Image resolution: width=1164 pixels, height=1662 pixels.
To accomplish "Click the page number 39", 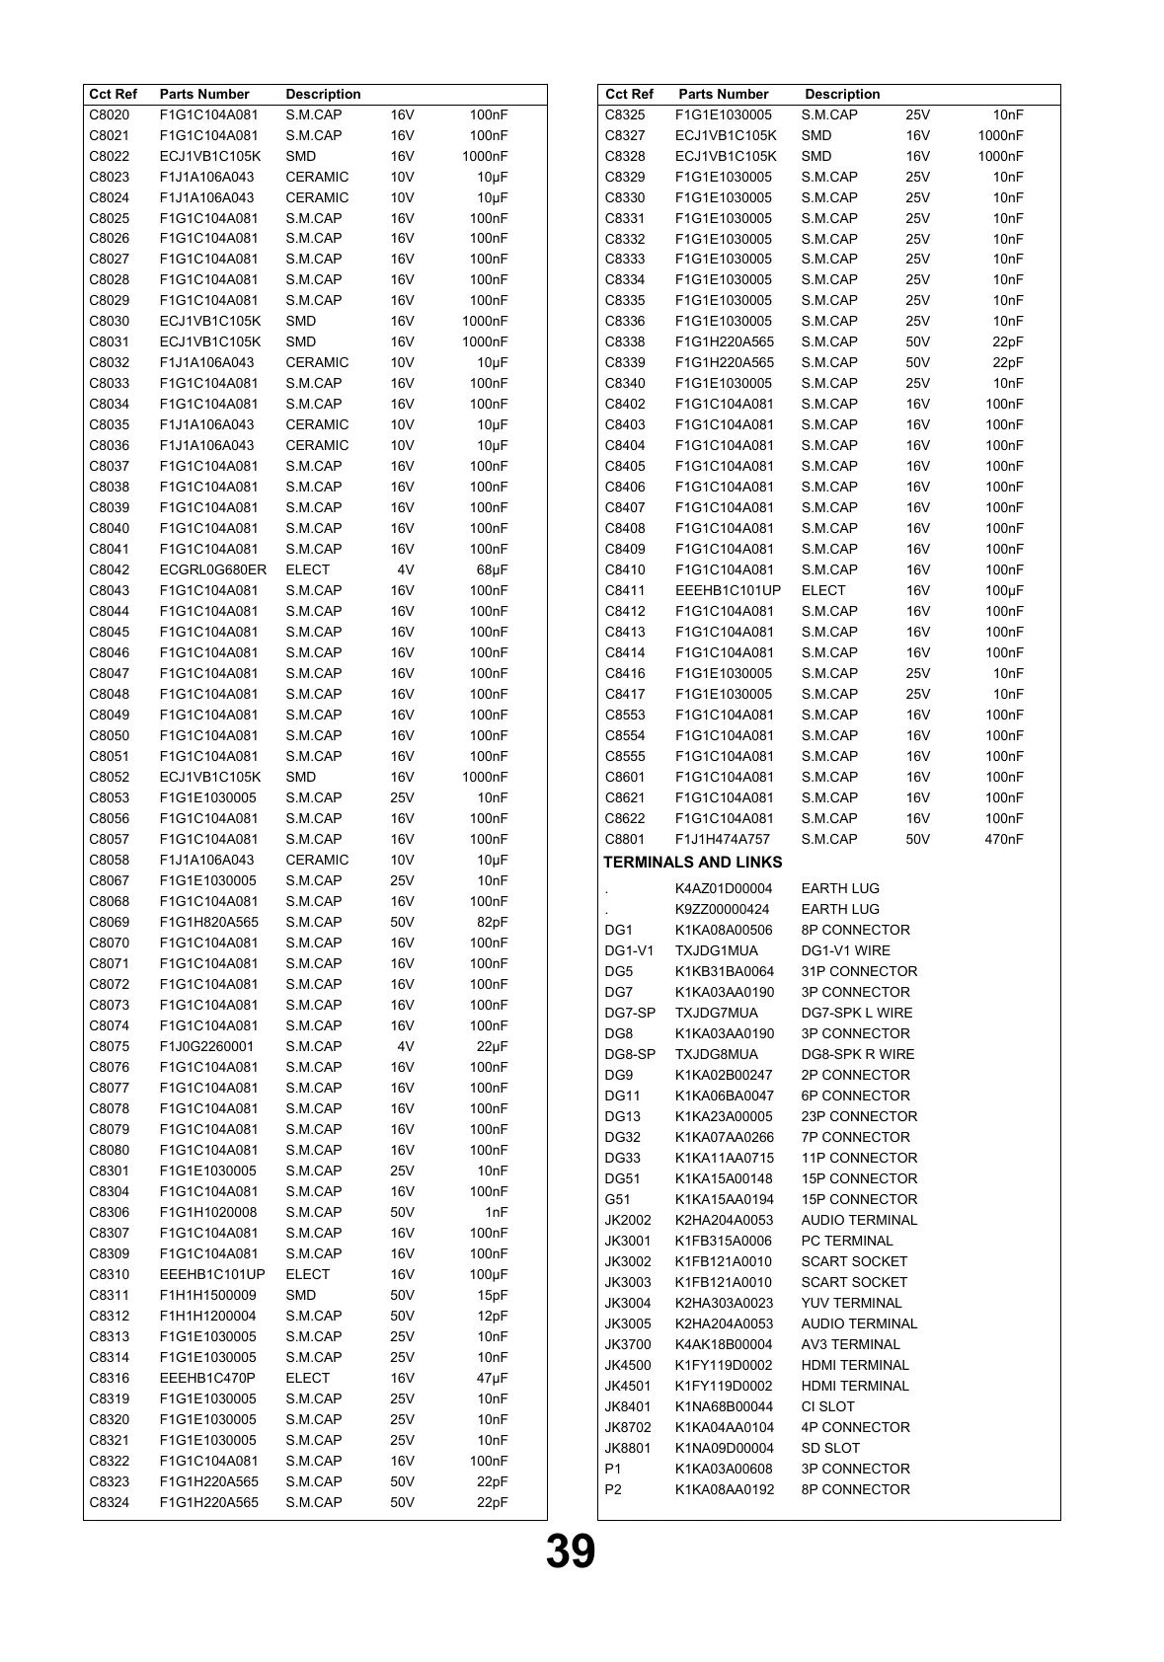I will click(571, 1551).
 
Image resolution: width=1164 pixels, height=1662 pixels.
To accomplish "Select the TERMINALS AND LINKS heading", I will click(692, 863).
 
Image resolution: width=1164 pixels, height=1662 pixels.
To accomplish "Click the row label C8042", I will click(109, 569).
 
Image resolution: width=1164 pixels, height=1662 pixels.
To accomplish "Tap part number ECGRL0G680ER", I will click(213, 569).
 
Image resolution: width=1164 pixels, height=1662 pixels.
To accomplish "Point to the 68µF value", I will click(492, 569).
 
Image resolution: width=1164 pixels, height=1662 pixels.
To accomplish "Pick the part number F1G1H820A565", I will click(209, 922).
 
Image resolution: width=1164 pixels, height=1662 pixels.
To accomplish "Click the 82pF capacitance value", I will click(492, 922).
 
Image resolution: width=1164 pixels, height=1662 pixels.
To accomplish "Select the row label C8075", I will click(109, 1046).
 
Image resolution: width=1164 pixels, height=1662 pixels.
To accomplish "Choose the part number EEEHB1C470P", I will click(207, 1378).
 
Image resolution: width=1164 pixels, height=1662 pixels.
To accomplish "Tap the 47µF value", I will click(492, 1378).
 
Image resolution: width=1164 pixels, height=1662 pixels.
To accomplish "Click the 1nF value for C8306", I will click(496, 1212).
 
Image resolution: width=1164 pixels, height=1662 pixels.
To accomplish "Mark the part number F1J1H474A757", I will click(723, 839).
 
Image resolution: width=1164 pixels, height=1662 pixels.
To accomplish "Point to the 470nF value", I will click(1004, 839).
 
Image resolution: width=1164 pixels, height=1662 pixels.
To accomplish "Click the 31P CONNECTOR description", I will click(859, 971).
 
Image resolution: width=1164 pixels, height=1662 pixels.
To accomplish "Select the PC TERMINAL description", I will click(846, 1241).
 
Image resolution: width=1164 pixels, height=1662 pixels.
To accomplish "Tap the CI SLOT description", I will click(827, 1406).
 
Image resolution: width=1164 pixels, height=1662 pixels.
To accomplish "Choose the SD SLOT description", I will click(830, 1448).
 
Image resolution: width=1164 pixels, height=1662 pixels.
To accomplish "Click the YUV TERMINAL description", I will click(851, 1303).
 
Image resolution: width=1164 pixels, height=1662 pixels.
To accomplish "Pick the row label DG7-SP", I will click(630, 1013).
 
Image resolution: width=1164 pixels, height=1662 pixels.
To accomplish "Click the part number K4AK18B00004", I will click(724, 1344).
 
